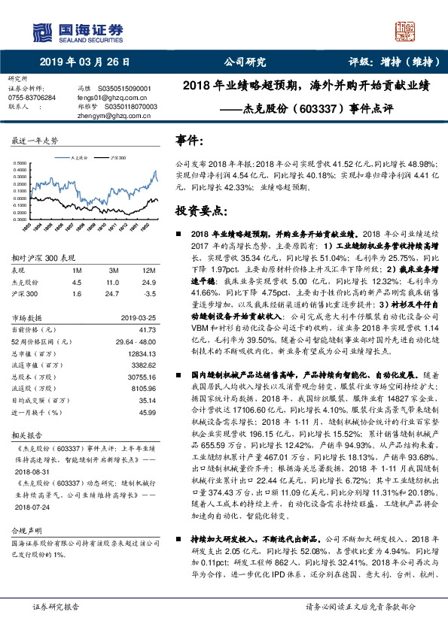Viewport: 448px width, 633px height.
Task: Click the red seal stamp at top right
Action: coord(406,31)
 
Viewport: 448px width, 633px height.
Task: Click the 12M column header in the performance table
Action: coord(149,269)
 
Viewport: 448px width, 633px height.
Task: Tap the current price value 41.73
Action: coord(148,329)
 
